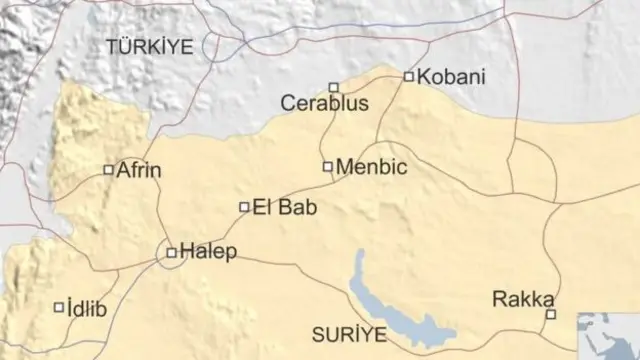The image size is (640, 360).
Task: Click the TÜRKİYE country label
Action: [x=149, y=46]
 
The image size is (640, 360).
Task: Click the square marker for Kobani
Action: [x=408, y=76]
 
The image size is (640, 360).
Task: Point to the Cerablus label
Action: [x=325, y=103]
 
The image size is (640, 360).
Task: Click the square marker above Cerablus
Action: [x=334, y=87]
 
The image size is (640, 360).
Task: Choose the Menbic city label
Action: [x=372, y=167]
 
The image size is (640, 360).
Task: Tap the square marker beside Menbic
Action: [x=328, y=166]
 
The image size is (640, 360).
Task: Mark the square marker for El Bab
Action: [x=244, y=207]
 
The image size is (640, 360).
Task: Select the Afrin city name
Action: [x=139, y=170]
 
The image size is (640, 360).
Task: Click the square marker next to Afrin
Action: [x=108, y=170]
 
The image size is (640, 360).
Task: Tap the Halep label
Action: [x=209, y=252]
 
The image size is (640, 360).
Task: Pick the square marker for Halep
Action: [x=171, y=253]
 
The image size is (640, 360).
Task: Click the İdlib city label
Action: [x=88, y=308]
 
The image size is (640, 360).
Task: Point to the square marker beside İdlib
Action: [x=58, y=307]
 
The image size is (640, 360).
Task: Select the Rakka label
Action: [x=524, y=298]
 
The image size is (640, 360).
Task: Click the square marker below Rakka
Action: [x=549, y=315]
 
